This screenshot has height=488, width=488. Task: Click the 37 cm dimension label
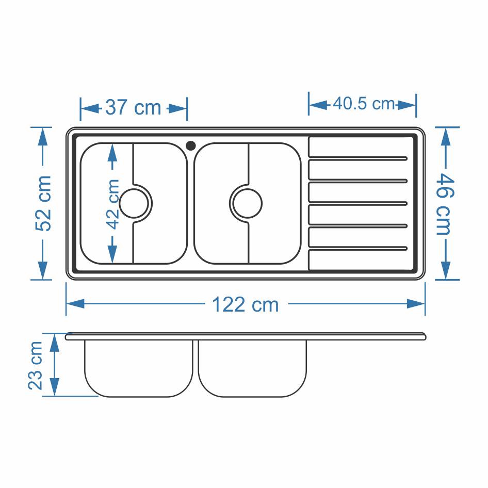coord(133,108)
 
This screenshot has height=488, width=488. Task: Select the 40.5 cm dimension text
coord(364,103)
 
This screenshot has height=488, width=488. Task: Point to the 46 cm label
coord(445,204)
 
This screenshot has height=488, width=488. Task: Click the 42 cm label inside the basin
coord(112,204)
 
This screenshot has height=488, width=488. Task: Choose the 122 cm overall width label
coord(245,304)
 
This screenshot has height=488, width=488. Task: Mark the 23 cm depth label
coord(35,365)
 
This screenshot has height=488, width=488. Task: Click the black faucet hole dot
coord(191,145)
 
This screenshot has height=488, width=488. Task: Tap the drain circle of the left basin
coord(134,204)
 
